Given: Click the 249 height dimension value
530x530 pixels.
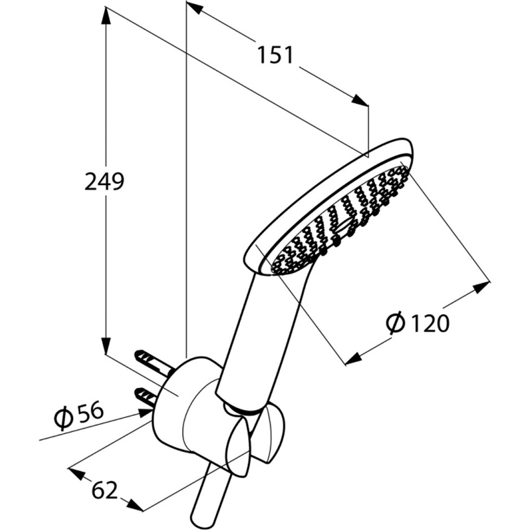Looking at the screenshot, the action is (x=104, y=181).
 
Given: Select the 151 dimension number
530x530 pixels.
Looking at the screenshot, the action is (x=275, y=55).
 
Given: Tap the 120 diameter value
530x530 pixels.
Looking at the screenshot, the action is (x=430, y=323).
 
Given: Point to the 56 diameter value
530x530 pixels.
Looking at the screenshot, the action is (x=90, y=412).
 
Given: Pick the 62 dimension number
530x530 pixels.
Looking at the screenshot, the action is (x=105, y=490).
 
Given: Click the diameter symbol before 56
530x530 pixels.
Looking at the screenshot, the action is (x=64, y=419).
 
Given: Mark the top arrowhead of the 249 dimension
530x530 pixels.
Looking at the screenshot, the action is (x=106, y=16).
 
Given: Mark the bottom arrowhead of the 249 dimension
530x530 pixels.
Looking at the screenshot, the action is (x=106, y=345).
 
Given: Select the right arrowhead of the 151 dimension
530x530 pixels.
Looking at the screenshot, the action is (x=360, y=101).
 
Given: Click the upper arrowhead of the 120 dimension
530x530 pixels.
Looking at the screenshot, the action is (x=481, y=288).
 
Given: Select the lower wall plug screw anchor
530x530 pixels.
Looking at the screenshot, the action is (x=145, y=397).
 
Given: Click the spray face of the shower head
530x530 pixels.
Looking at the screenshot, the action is (x=341, y=219).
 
